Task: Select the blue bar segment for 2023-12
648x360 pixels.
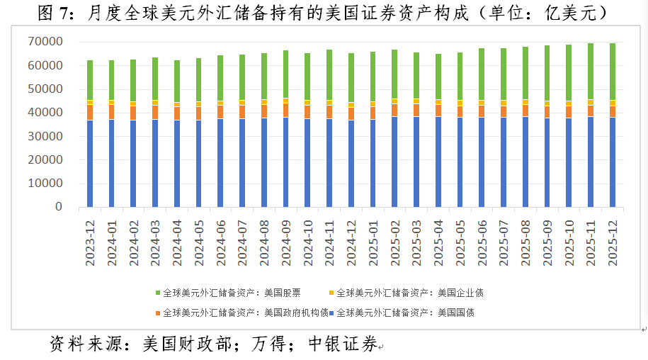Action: coord(90,163)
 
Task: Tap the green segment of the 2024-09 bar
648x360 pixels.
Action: coord(285,74)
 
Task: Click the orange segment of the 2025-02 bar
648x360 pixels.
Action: coord(394,110)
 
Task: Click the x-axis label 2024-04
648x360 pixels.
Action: coord(177,241)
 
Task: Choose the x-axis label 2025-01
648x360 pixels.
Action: coord(373,241)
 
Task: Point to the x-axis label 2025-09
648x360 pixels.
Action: coord(547,241)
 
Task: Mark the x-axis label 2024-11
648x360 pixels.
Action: coord(329,241)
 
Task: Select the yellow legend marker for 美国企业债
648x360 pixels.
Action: coord(331,293)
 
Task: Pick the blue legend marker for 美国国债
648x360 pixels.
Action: coord(331,312)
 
